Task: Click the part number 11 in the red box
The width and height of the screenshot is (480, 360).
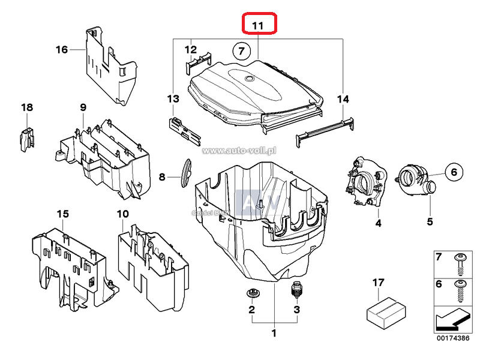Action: (258, 25)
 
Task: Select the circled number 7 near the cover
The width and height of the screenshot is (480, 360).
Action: (241, 51)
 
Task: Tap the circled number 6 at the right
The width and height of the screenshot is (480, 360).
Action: (454, 172)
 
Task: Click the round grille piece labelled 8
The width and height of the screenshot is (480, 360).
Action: (185, 173)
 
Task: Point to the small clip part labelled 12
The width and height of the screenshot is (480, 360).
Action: (198, 60)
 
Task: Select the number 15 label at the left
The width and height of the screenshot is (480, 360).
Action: (63, 214)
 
